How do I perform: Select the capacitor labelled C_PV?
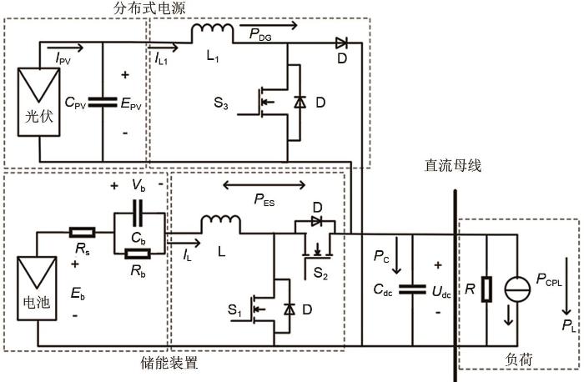[103, 103]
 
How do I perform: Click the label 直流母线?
[452, 166]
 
